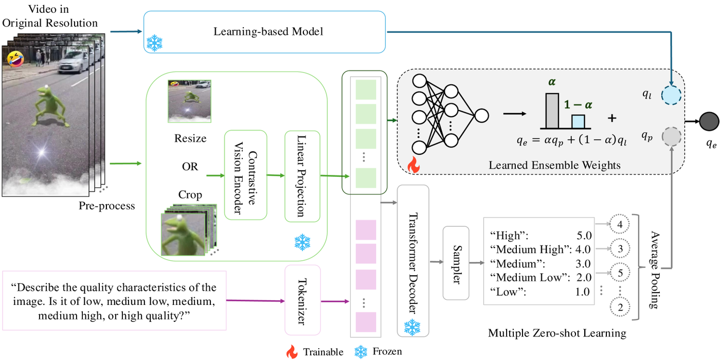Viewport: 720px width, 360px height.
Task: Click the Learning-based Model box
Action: point(264,32)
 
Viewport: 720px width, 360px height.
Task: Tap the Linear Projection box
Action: point(302,175)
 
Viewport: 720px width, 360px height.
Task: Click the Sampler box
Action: point(456,263)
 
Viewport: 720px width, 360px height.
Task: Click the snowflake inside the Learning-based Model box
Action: point(155,43)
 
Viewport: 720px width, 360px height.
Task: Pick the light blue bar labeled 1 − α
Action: point(578,121)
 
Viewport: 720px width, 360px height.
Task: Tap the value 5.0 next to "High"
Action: point(584,236)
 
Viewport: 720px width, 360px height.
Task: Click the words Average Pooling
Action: point(654,269)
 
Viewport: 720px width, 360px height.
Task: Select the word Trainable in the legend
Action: point(323,352)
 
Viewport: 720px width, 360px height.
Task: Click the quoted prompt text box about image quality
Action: point(114,300)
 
